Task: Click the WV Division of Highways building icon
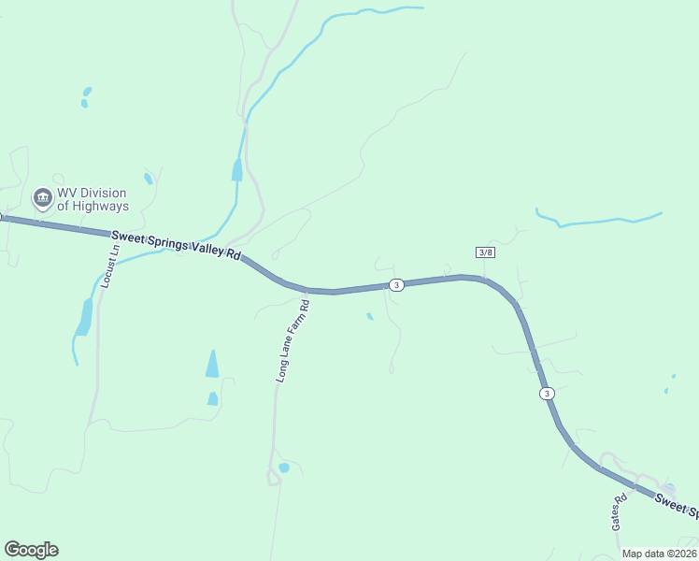click(x=42, y=197)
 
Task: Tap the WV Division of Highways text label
click(x=93, y=199)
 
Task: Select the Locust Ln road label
click(x=111, y=266)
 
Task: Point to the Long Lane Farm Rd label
click(x=292, y=340)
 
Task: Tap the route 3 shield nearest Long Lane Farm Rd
click(x=397, y=284)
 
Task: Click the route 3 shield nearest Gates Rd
click(x=547, y=393)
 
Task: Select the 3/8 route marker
click(x=485, y=252)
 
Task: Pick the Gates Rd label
click(x=619, y=511)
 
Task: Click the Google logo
click(x=31, y=550)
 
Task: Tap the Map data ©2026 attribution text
click(x=660, y=554)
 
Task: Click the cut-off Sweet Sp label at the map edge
click(x=676, y=506)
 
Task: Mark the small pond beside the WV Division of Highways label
click(x=149, y=179)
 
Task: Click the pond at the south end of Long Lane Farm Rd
click(x=284, y=467)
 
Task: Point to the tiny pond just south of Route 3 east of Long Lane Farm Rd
click(x=369, y=316)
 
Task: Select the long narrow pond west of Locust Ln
click(x=85, y=317)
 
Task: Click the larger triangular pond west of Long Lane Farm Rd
click(x=212, y=365)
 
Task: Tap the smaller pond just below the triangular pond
click(x=212, y=399)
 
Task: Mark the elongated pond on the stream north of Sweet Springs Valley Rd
click(x=237, y=169)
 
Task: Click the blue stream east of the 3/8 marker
click(x=598, y=222)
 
